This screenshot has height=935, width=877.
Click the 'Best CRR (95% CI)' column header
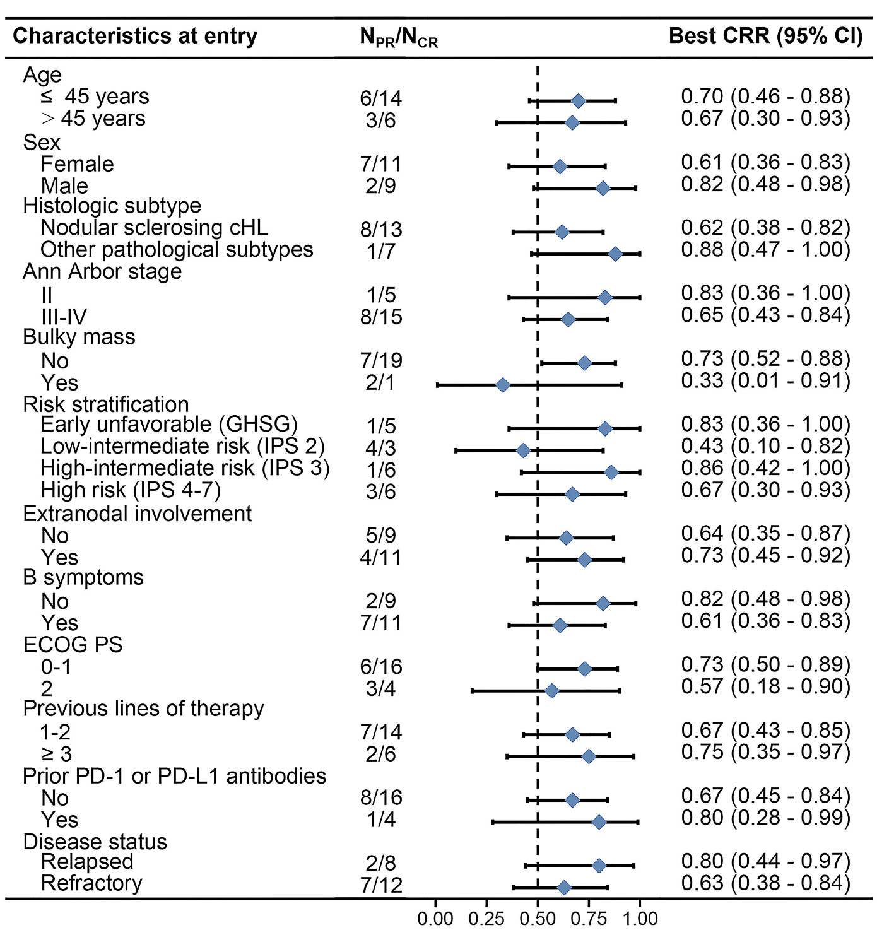(765, 36)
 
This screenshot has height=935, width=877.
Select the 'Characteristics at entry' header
(135, 36)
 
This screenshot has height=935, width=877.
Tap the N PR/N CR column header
(399, 38)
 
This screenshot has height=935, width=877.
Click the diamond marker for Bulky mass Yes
(502, 385)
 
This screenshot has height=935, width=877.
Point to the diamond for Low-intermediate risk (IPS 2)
(523, 450)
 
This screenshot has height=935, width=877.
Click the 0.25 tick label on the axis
(486, 919)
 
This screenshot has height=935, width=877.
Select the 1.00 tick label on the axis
(640, 919)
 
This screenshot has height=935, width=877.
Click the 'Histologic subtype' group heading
(112, 206)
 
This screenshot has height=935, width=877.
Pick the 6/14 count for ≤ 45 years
(380, 98)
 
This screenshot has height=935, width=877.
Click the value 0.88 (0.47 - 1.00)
(765, 250)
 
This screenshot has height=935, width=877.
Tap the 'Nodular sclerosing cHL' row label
(154, 228)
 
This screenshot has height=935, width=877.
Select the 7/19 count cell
(380, 361)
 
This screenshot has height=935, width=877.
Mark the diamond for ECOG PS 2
(551, 691)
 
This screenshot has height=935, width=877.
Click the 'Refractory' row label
(91, 883)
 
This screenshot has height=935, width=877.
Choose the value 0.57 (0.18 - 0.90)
(765, 686)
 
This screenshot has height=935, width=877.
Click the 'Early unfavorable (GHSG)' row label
(168, 425)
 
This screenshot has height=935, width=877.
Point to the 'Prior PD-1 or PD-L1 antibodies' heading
(174, 776)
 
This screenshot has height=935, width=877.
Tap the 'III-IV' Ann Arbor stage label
(64, 317)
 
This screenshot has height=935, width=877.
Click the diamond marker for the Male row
(603, 188)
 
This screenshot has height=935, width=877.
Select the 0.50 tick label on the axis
(538, 919)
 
